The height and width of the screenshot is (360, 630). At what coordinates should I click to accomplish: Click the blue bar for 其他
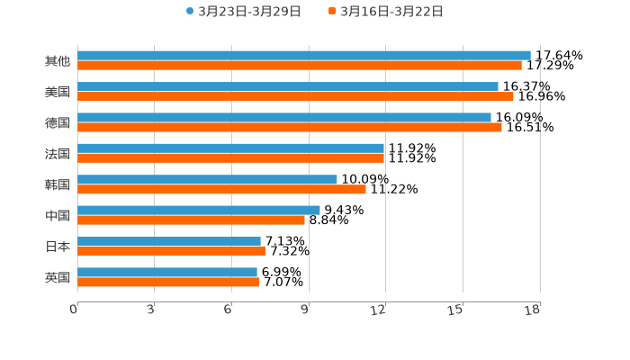click(303, 56)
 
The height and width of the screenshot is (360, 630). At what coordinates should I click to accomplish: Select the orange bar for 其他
click(299, 66)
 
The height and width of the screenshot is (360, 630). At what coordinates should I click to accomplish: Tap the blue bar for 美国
click(287, 86)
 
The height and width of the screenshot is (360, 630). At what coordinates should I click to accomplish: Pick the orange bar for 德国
click(289, 127)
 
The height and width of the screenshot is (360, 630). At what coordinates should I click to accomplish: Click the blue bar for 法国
click(230, 148)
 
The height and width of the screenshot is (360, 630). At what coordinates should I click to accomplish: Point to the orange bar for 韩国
click(221, 189)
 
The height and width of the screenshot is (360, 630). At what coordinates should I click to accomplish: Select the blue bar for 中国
click(198, 210)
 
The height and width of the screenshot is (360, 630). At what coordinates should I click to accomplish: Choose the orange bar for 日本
click(171, 251)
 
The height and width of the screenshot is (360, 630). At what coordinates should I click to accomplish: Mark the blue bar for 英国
click(166, 272)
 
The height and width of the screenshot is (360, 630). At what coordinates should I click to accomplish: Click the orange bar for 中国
click(191, 220)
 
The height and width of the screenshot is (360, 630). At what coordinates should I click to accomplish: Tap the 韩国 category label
click(58, 184)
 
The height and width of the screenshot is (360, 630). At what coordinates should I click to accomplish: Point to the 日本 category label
click(58, 247)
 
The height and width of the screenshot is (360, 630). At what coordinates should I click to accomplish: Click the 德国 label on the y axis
click(58, 122)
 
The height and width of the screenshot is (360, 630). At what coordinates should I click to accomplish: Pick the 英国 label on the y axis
click(58, 277)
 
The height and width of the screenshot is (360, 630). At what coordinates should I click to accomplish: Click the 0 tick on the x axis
click(74, 310)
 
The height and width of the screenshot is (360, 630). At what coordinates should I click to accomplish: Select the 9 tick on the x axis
click(305, 310)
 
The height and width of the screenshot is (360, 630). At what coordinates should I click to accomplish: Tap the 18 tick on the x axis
click(533, 310)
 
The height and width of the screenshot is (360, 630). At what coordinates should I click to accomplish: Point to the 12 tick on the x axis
click(379, 310)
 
